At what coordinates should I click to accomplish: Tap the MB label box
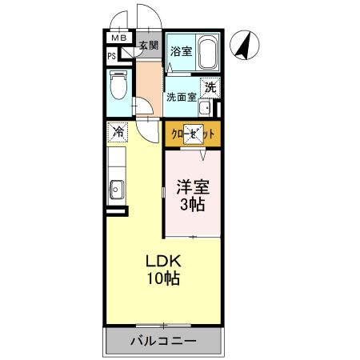pos(118,38)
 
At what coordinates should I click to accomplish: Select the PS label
pos(113,56)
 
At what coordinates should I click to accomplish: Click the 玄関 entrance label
pos(148,46)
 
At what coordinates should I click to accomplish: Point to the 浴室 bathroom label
pos(181,52)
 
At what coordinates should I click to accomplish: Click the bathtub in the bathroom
pos(207,53)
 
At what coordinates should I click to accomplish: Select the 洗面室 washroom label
pos(180,98)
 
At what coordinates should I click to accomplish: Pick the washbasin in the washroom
pos(205,109)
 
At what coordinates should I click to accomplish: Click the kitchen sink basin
pos(116,190)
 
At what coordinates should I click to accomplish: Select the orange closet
pos(192,136)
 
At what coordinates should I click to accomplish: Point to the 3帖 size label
pos(192,205)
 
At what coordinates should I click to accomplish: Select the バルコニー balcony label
pos(163,341)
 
